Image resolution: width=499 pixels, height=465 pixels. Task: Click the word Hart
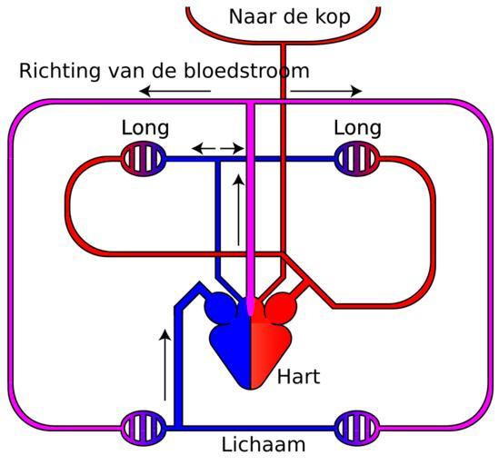pos(298,377)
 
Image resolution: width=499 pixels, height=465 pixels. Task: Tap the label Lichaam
pos(264,444)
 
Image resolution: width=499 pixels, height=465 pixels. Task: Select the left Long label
pos(145,128)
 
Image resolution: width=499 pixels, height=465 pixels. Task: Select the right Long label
pos(357,128)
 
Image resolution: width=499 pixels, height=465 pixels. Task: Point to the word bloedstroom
pos(246,70)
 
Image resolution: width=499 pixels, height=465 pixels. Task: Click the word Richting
pos(60,71)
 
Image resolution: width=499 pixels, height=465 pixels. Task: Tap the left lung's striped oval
pos(144,159)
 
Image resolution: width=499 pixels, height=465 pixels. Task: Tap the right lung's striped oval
pos(357,159)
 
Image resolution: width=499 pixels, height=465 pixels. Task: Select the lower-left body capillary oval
pos(144,428)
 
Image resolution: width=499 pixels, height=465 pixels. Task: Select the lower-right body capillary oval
pos(357,428)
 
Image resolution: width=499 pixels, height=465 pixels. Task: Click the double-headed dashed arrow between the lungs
pos(218,148)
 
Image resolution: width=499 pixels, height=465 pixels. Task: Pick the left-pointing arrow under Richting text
pos(175,92)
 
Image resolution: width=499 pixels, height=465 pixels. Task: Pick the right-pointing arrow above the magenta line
pos(326,92)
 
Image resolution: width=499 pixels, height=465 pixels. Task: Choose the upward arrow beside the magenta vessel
pos(238,210)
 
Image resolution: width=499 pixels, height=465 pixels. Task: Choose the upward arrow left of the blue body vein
pos(165,365)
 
